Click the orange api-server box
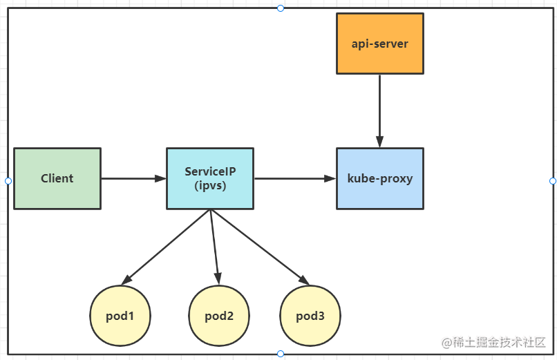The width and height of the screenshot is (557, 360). [x=379, y=44]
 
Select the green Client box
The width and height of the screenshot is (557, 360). [x=57, y=178]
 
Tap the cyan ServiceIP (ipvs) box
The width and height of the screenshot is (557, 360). [x=210, y=178]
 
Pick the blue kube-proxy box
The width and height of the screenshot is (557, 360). [x=379, y=178]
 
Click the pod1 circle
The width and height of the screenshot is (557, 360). [x=120, y=316]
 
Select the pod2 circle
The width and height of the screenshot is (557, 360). [x=219, y=316]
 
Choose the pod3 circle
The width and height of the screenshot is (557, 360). [x=310, y=316]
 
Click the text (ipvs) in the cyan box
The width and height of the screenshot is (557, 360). [x=210, y=185]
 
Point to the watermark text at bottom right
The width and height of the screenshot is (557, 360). [x=493, y=342]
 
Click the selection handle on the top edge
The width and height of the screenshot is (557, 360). [x=281, y=8]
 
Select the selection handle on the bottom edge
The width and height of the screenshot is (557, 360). [x=281, y=354]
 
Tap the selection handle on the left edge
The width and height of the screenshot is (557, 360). [x=8, y=181]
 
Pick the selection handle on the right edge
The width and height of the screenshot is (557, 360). [x=553, y=181]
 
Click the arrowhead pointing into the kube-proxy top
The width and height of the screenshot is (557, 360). [x=379, y=142]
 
